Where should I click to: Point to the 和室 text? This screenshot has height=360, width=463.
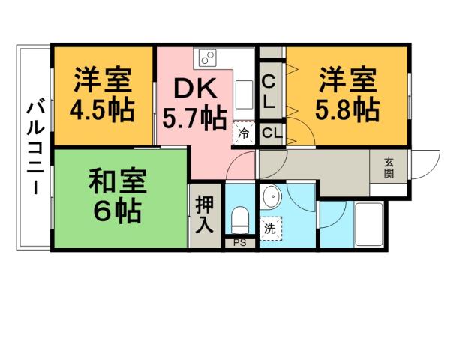(117, 183)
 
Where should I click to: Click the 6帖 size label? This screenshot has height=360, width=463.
(117, 212)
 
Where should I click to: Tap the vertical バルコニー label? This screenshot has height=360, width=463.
(35, 146)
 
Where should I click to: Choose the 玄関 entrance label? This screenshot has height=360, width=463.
(389, 168)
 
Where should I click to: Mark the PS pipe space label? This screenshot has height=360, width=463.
(239, 243)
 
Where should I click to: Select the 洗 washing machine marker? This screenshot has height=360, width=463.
(269, 228)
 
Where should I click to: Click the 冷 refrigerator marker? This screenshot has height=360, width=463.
(243, 133)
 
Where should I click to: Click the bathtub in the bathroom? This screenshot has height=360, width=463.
(368, 223)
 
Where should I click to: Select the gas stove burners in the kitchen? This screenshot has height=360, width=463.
(208, 57)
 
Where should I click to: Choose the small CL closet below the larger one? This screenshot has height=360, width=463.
(271, 134)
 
